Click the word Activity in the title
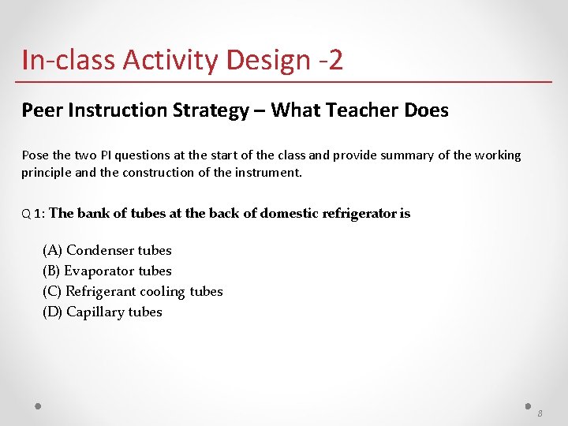point(169,60)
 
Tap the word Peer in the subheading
point(42,110)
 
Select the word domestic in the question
point(289,213)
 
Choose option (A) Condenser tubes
point(106,250)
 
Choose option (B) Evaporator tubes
point(106,271)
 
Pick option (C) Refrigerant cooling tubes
point(133,291)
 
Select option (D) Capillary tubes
point(102,312)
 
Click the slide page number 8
point(540,414)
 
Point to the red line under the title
point(284,81)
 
